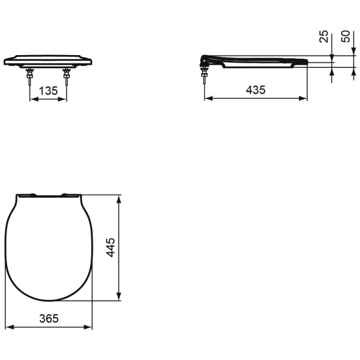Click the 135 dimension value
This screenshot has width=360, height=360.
[x=48, y=91]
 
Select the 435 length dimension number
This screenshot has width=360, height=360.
[x=256, y=90]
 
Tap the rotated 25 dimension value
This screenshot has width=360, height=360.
[x=323, y=37]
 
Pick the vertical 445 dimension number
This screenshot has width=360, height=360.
[x=111, y=247]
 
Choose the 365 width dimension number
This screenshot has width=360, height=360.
[x=49, y=318]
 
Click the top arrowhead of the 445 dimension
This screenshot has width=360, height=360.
[x=119, y=199]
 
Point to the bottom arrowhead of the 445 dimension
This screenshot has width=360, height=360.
[x=119, y=297]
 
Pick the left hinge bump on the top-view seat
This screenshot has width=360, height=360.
[x=32, y=194]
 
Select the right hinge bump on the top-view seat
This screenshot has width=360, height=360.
[x=66, y=194]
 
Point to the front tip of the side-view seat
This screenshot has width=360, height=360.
[x=307, y=62]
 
